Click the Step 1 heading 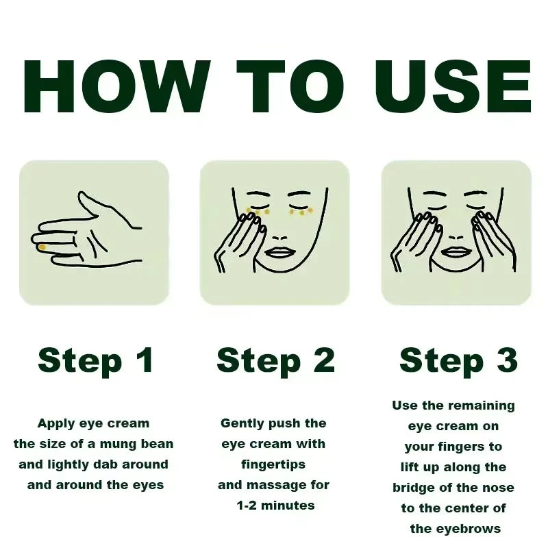(x=96, y=360)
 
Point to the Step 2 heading (x=275, y=360)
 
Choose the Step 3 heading (x=458, y=360)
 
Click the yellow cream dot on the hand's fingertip (x=42, y=247)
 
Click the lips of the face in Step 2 (x=279, y=251)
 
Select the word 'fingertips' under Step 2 (x=273, y=464)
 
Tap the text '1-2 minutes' (x=275, y=506)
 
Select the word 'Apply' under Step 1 (x=55, y=423)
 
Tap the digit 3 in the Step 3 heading (x=507, y=360)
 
